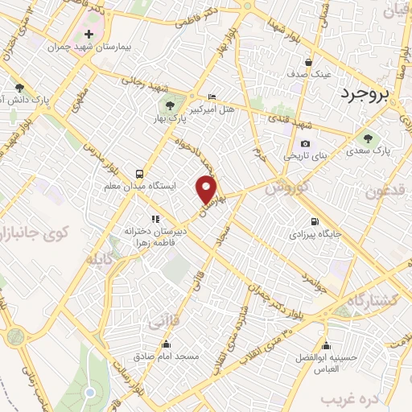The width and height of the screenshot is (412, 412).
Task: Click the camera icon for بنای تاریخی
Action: (x=282, y=143)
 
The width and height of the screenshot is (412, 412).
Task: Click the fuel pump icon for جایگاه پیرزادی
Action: (x=313, y=222)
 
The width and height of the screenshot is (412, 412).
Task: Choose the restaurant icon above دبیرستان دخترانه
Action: (x=154, y=218)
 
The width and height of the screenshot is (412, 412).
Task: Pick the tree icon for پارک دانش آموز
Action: (x=19, y=88)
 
